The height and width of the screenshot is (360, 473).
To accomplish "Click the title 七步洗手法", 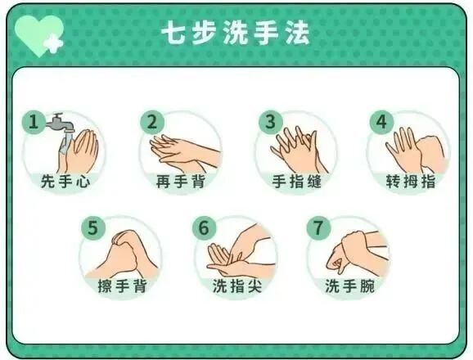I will pos(236,34).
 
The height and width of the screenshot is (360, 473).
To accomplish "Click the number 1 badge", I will pos(34,122).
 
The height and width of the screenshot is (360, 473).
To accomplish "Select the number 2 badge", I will pos(151,122).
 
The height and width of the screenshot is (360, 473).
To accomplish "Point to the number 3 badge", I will pos(268,122).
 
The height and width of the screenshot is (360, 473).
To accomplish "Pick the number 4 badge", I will pos(380,122).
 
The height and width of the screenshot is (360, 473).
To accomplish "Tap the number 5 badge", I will pos(92,227).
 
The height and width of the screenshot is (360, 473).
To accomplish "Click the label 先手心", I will pos(65,181).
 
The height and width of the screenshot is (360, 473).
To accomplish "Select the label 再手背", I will pos(180,181).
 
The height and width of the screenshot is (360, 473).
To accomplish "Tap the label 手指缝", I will pos(296,181).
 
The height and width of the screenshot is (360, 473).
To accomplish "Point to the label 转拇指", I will pos(410,181).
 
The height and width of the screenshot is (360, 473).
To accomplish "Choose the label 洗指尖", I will pos(236,286).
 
